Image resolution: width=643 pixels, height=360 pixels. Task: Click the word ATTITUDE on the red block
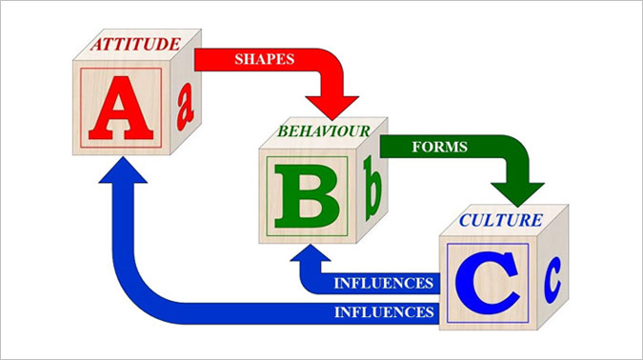click(135, 44)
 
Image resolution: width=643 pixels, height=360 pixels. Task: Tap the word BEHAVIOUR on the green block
click(324, 131)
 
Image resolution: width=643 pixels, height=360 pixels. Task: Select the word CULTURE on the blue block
click(501, 221)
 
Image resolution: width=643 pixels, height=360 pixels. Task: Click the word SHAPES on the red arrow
click(265, 59)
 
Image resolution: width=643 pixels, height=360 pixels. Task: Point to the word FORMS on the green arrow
click(439, 147)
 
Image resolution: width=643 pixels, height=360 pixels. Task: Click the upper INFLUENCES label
click(384, 283)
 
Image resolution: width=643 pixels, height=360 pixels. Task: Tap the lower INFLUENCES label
click(384, 312)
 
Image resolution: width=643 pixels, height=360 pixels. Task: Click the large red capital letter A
click(121, 108)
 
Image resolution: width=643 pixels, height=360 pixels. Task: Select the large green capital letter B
click(307, 196)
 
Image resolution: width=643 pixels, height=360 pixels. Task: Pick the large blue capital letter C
click(487, 283)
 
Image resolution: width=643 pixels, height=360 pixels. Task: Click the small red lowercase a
click(186, 107)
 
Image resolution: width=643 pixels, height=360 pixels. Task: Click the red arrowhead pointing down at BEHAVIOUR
click(332, 108)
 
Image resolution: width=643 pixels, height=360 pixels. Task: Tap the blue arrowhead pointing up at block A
click(123, 170)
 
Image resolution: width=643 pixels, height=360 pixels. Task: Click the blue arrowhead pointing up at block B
click(311, 253)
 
